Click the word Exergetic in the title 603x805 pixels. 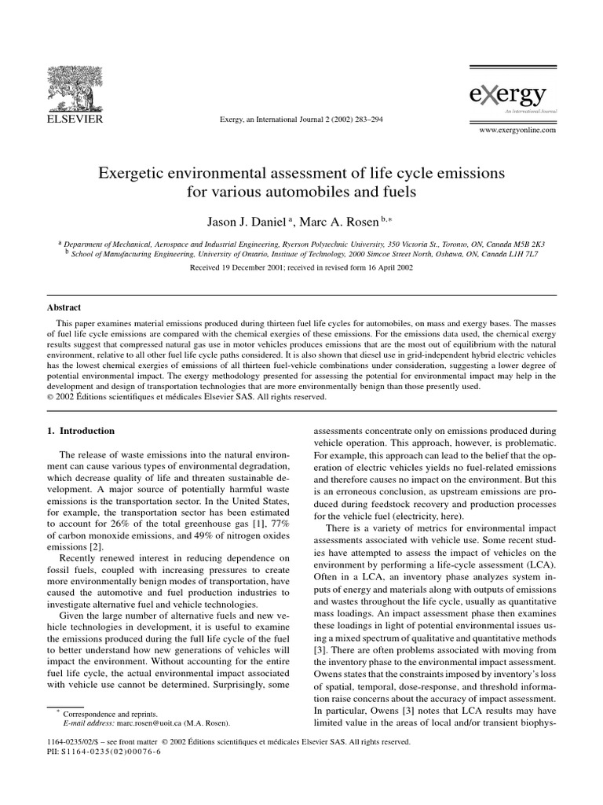pos(133,172)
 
